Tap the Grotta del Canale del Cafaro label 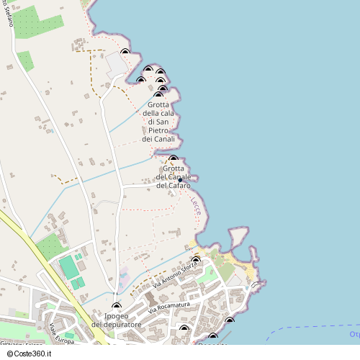173,177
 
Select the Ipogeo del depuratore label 116,320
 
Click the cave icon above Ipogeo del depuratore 117,307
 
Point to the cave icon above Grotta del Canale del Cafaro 173,159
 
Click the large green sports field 68,267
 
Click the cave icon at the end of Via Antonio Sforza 195,259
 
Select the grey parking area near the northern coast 117,66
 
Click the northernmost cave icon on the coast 125,52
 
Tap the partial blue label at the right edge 354,334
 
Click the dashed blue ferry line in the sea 310,328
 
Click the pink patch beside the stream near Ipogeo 123,277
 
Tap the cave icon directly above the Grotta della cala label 158,95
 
